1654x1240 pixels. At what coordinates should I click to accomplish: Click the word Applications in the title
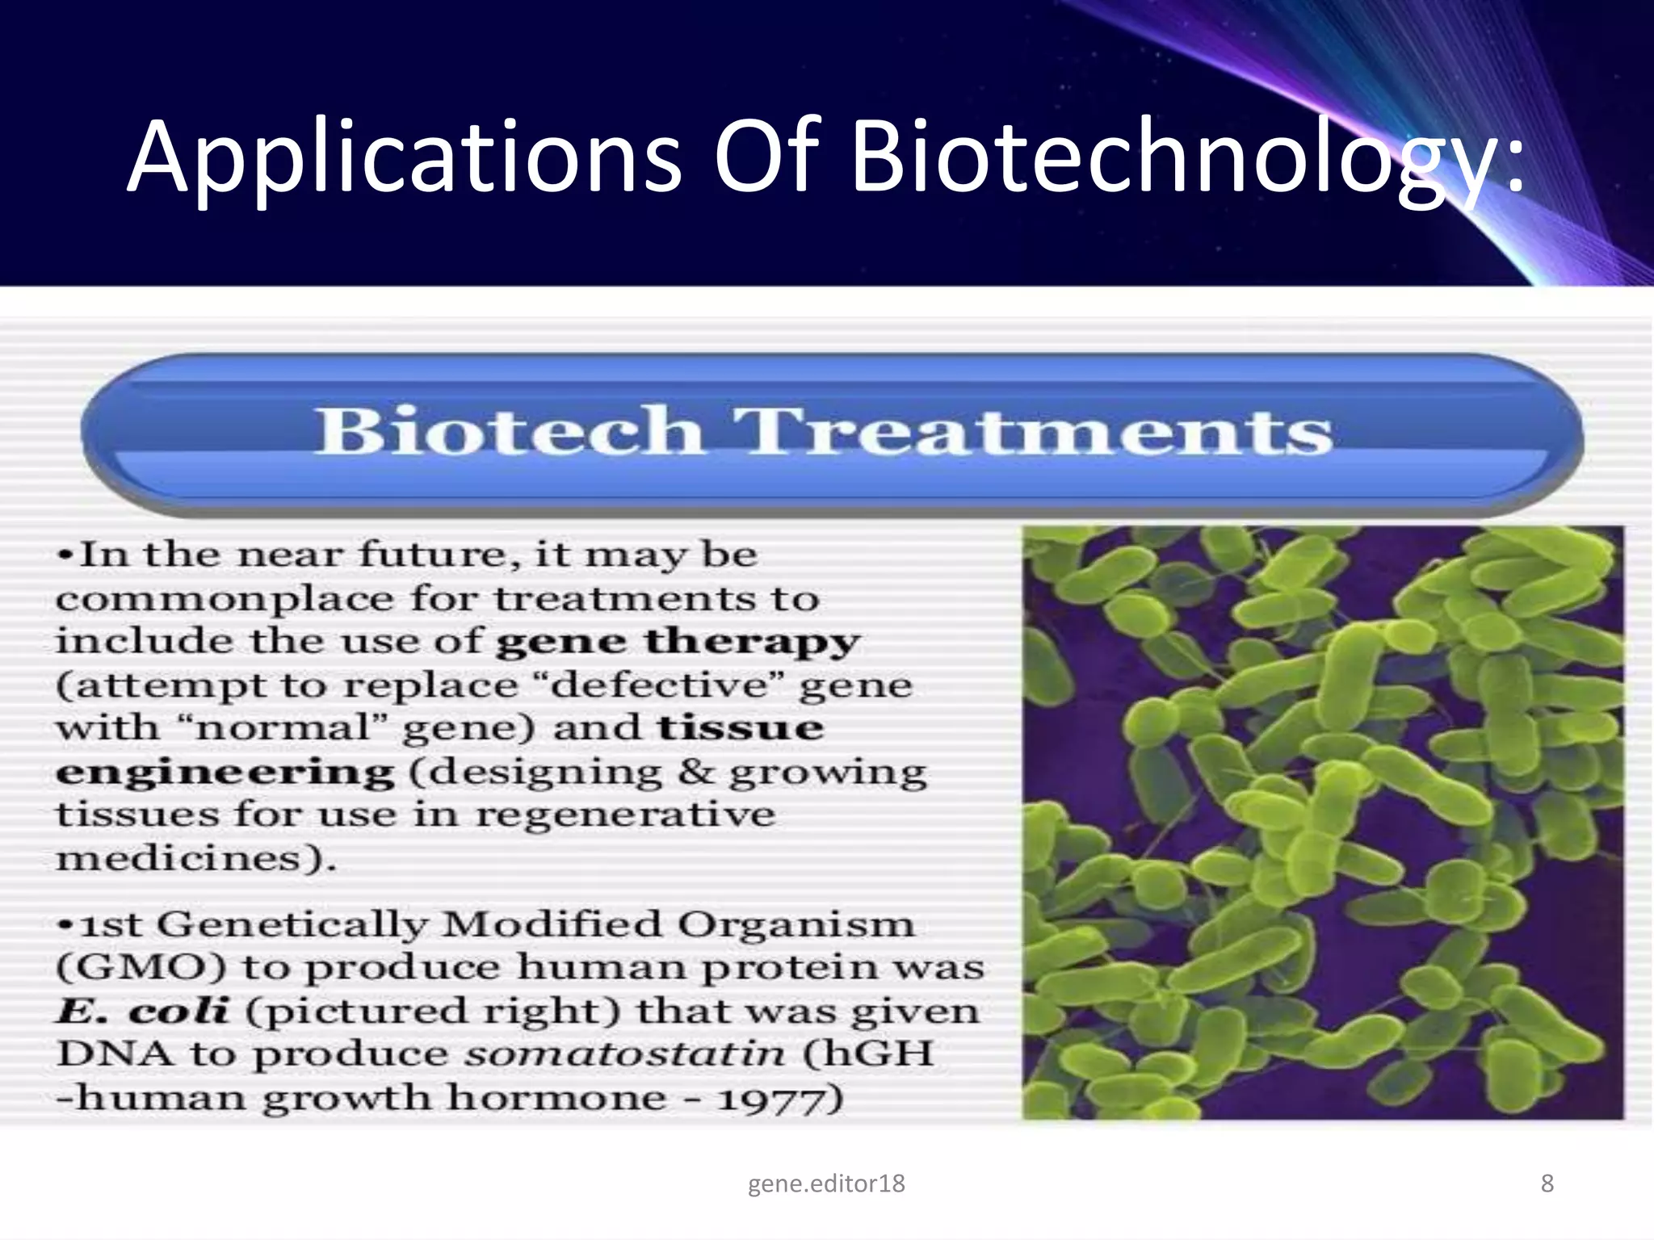pos(404,157)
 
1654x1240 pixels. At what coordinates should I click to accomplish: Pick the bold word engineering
pos(225,773)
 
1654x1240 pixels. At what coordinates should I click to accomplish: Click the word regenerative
pos(625,814)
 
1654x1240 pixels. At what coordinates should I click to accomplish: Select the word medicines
pos(189,857)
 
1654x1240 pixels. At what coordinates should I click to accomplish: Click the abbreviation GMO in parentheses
pos(141,967)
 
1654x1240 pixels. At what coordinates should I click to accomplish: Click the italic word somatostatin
pos(624,1054)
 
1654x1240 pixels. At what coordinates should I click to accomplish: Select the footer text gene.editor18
pos(826,1183)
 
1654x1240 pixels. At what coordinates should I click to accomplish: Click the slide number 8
pos(1547,1183)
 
